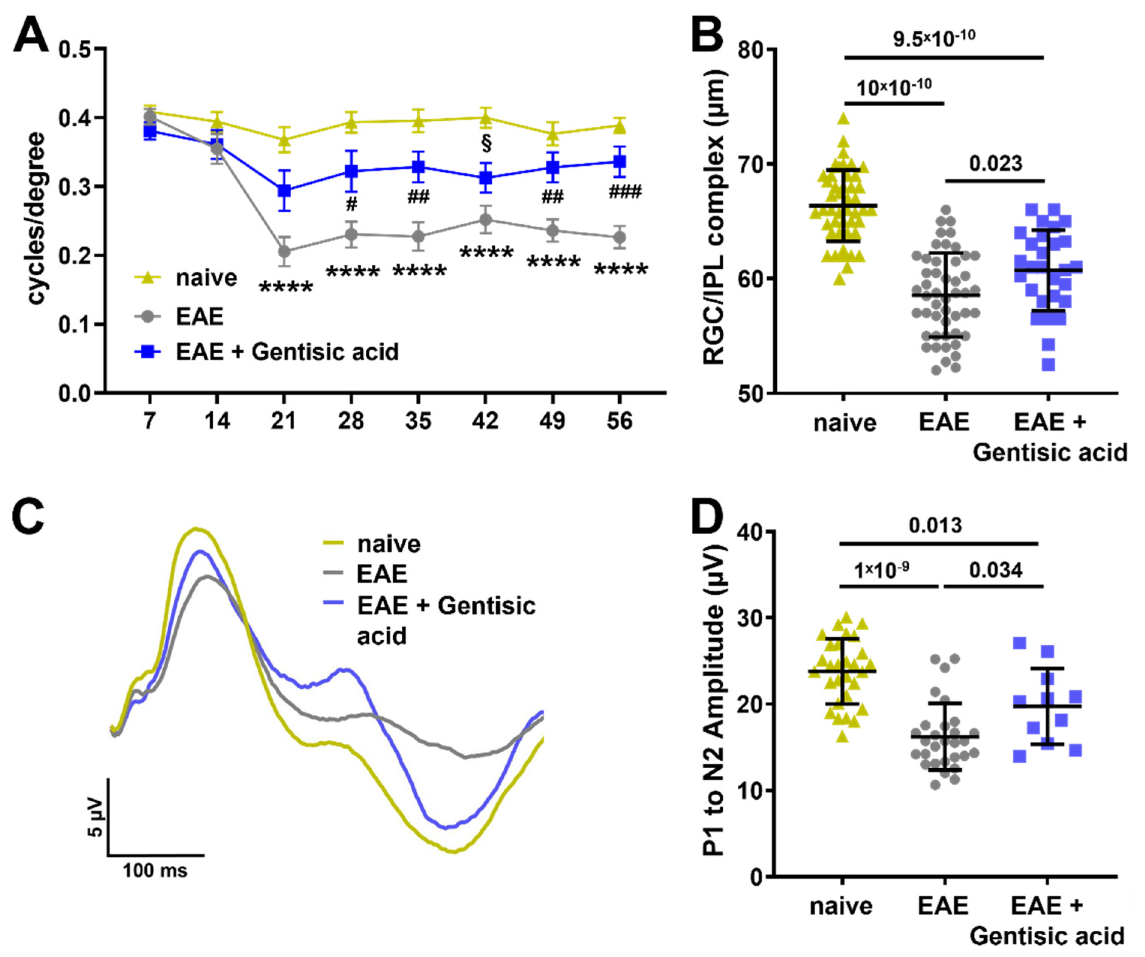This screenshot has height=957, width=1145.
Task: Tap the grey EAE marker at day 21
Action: click(284, 251)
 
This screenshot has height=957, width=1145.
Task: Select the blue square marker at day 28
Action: click(352, 171)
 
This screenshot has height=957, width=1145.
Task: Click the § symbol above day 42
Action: click(486, 143)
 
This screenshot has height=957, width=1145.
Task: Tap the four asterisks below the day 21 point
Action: click(286, 288)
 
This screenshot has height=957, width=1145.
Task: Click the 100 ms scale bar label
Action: click(155, 870)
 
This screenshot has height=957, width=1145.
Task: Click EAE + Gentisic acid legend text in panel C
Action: click(446, 620)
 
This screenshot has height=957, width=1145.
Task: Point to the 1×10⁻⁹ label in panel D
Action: click(881, 570)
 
